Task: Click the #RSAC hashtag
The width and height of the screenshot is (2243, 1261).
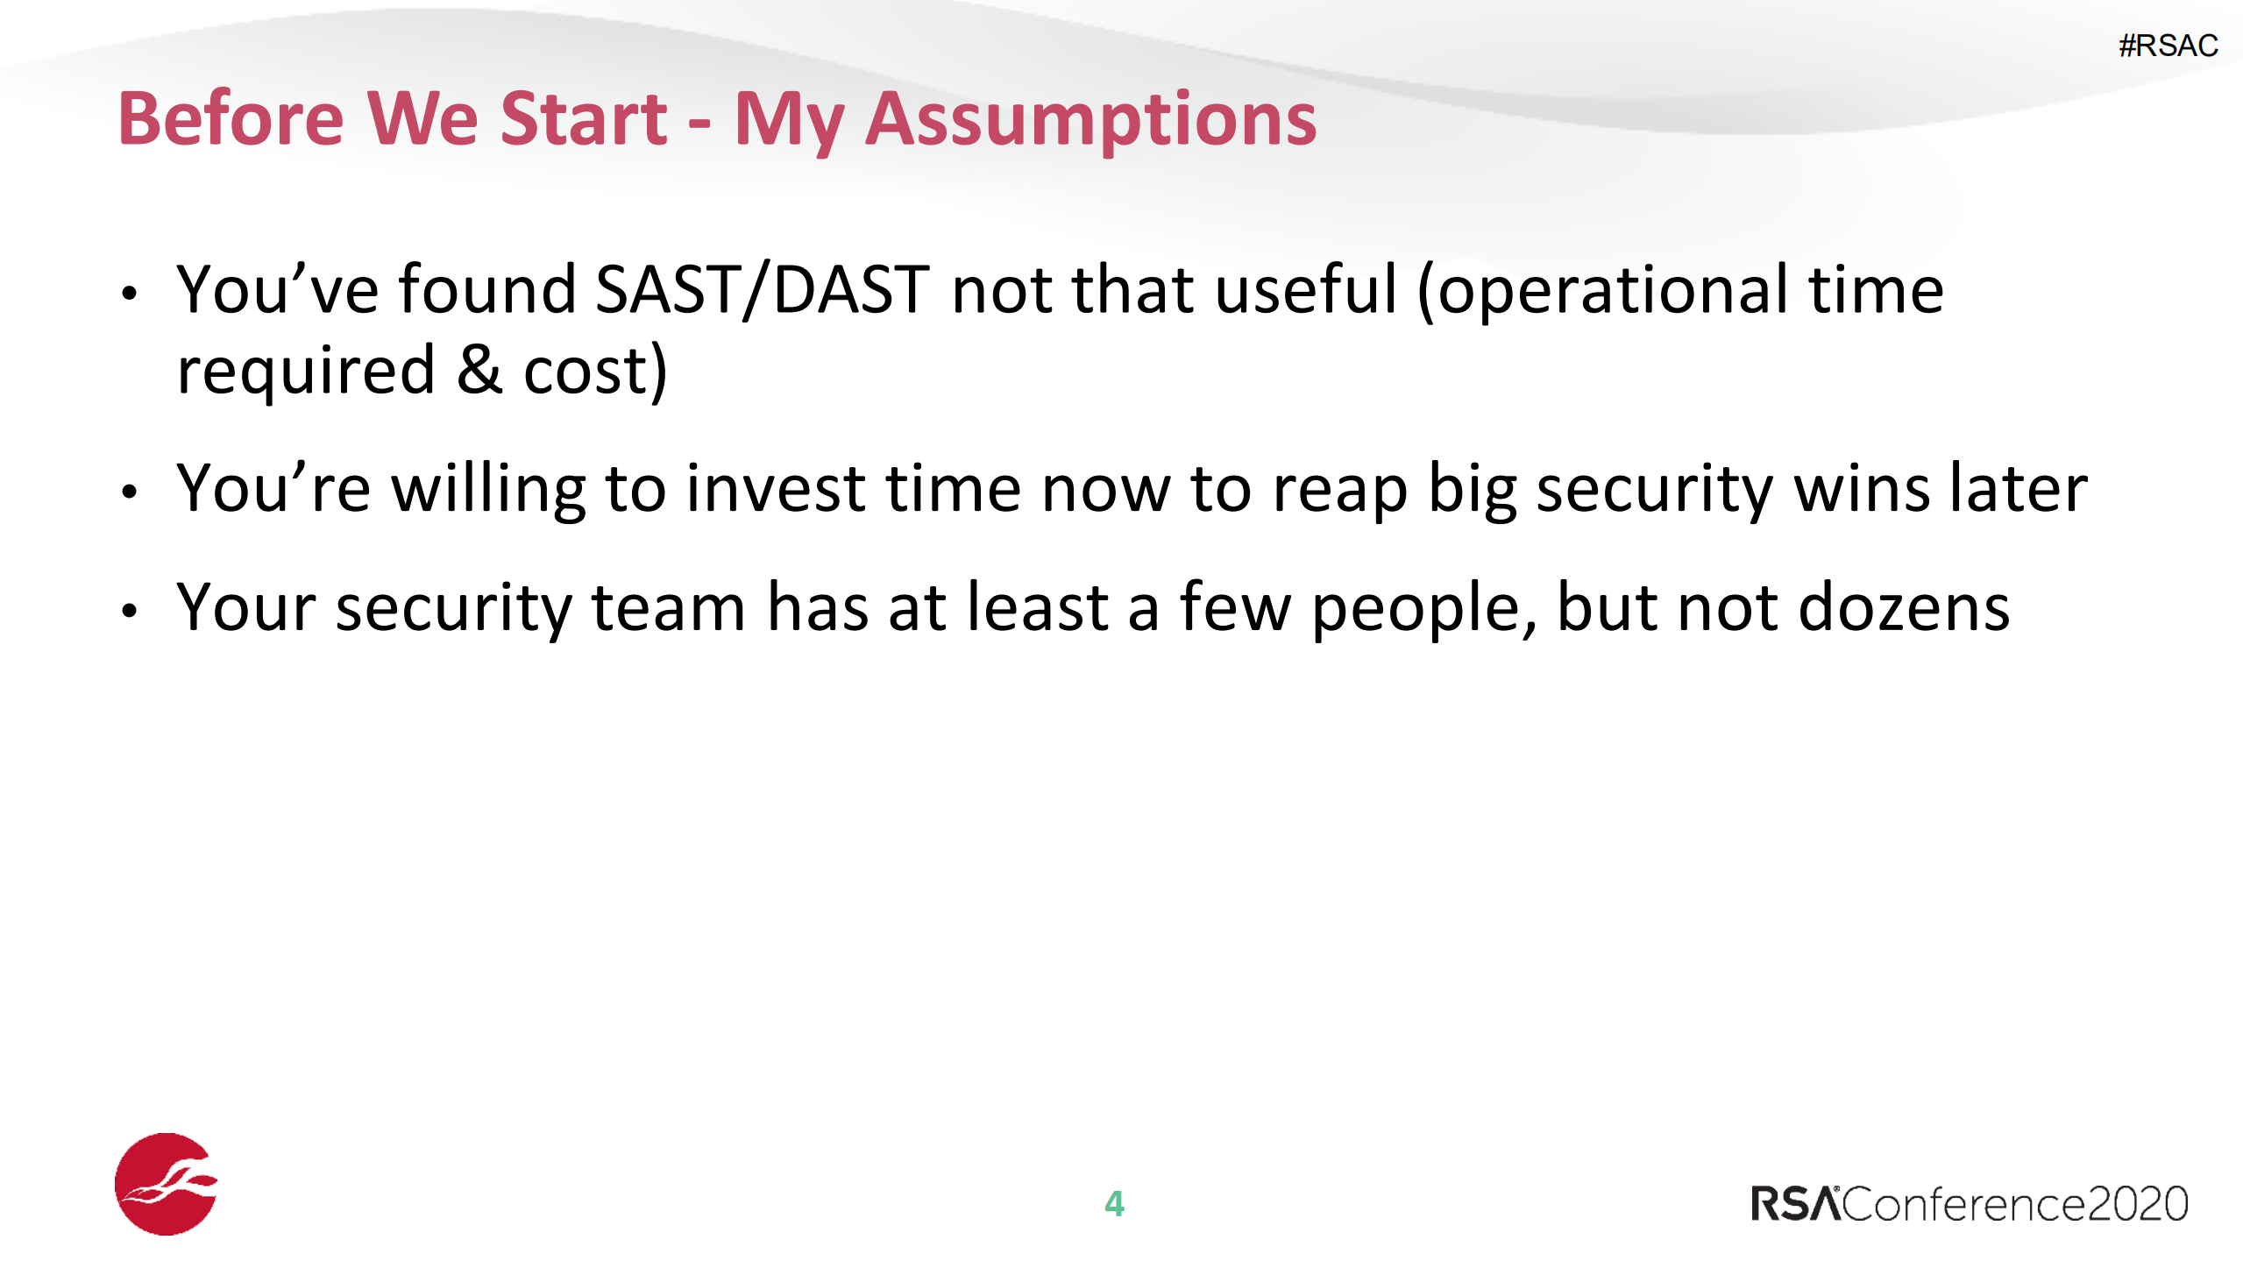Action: point(2168,46)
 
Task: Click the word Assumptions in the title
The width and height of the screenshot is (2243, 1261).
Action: point(1090,121)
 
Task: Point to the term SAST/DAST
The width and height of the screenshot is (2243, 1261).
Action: point(762,290)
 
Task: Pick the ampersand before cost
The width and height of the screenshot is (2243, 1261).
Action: point(479,370)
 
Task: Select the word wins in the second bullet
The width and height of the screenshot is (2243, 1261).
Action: point(1862,489)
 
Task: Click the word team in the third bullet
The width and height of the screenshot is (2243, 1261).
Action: point(669,608)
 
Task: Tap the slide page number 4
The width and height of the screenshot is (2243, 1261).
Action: point(1114,1204)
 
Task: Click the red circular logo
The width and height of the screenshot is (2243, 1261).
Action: point(166,1184)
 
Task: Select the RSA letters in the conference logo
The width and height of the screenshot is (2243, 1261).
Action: point(1795,1204)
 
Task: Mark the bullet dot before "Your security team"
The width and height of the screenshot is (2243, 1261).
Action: point(130,611)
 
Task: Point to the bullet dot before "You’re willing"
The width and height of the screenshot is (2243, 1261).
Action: point(130,492)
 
